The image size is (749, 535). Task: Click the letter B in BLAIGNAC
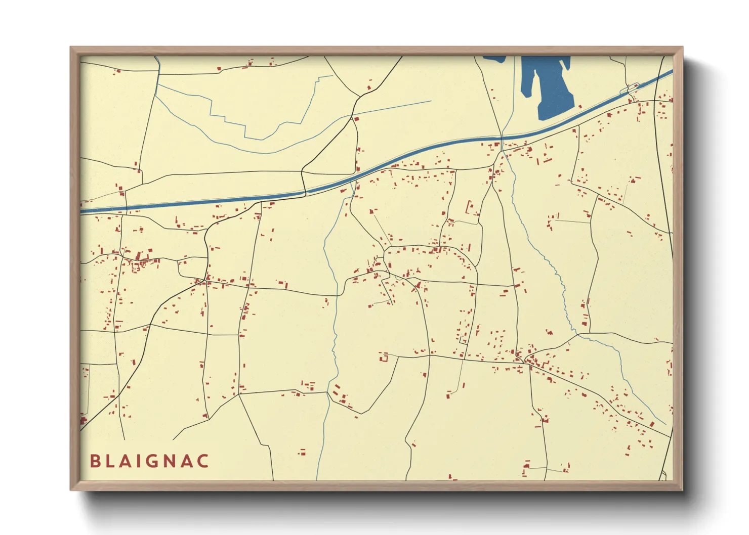pos(95,461)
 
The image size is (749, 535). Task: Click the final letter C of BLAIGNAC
pos(203,461)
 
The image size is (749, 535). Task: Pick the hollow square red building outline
pos(384,357)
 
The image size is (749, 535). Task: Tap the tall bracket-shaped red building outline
pos(470,207)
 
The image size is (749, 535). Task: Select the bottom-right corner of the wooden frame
pos(682,489)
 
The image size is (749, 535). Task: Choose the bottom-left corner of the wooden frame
pos(71,489)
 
